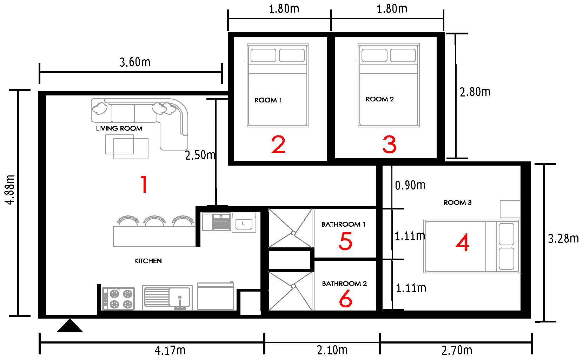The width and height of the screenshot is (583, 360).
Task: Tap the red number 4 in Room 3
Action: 463,242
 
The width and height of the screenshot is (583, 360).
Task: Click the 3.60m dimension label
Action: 135,62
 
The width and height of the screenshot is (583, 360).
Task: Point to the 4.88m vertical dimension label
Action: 10,189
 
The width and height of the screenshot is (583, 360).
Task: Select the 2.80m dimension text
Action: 475,92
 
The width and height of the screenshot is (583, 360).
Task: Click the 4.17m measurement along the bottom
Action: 170,351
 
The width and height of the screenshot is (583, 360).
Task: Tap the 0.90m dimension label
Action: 410,185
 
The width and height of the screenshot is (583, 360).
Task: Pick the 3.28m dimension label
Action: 563,239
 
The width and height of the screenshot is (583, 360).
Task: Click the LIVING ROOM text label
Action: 119,128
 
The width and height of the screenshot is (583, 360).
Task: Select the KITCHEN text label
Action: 148,261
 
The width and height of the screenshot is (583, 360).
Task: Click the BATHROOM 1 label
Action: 343,224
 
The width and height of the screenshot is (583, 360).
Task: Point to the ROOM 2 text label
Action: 380,99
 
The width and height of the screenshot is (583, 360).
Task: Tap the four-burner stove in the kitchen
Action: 118,299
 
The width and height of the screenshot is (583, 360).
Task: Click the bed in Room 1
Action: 278,85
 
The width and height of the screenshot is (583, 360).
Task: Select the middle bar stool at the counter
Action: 154,221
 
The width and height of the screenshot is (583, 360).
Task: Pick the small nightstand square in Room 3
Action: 510,209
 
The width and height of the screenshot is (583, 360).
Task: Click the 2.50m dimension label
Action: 200,155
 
